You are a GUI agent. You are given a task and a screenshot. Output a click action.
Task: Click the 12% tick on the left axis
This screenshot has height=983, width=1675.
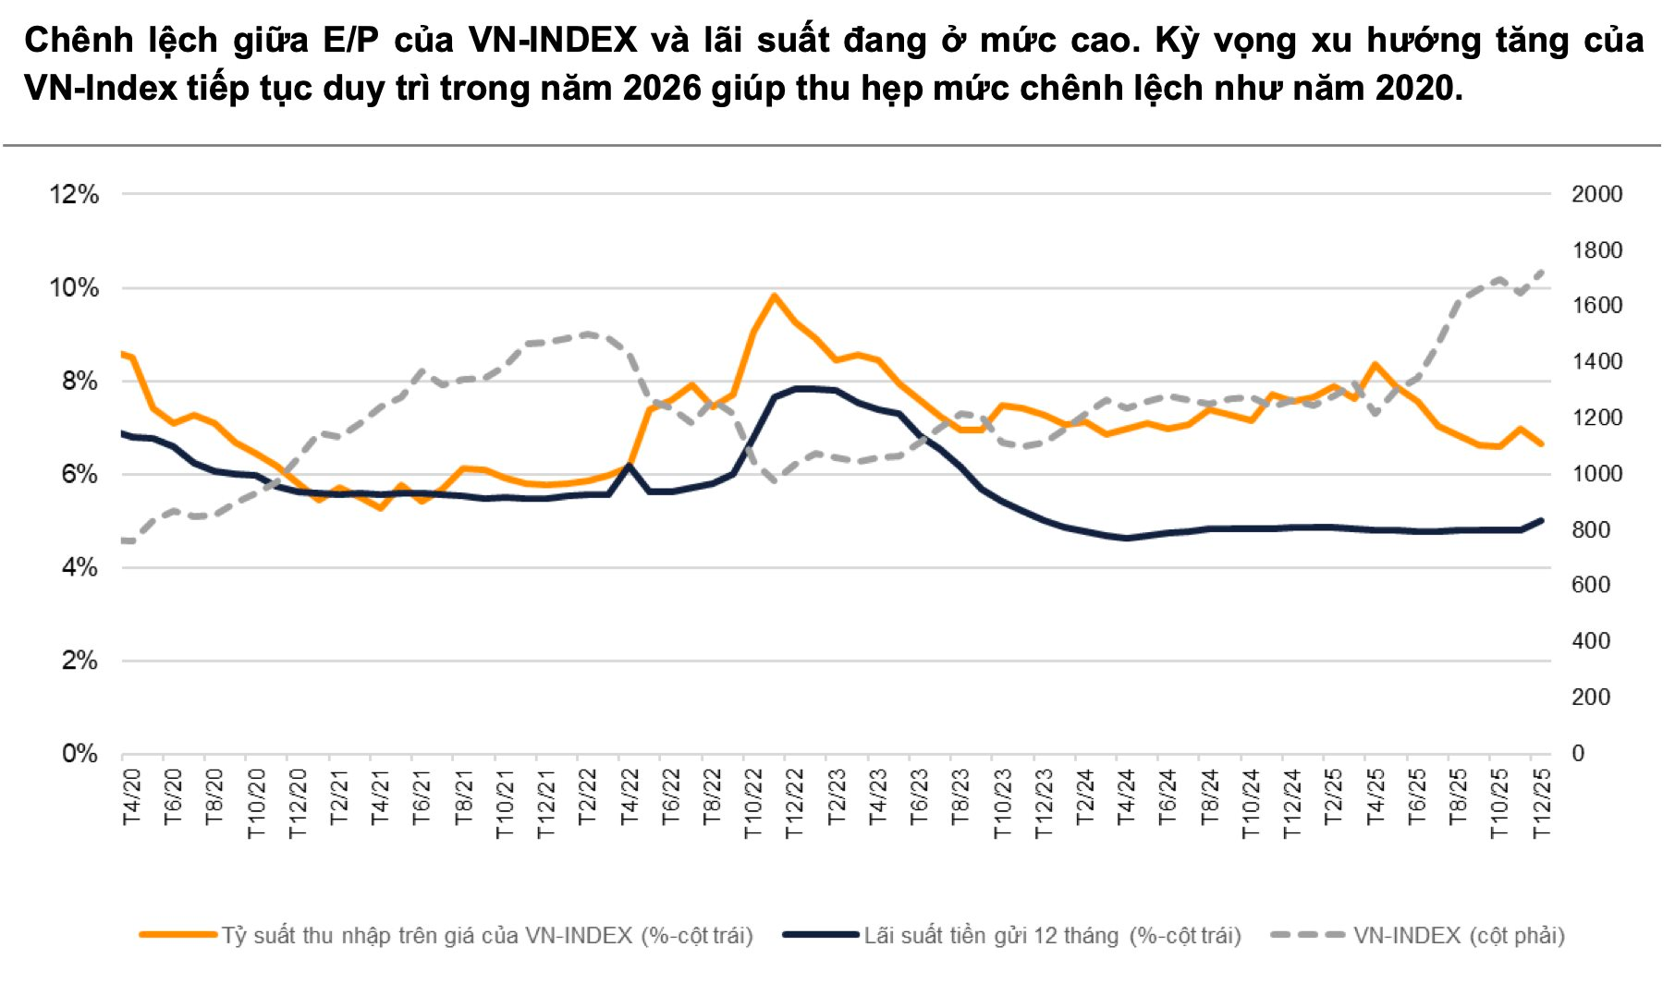tap(73, 194)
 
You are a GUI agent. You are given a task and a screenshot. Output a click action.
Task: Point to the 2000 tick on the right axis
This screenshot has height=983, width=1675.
tap(1596, 194)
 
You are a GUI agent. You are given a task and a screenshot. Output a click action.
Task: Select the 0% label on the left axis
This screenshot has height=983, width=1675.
tap(79, 754)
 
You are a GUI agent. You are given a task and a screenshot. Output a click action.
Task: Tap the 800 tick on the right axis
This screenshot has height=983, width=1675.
tap(1591, 530)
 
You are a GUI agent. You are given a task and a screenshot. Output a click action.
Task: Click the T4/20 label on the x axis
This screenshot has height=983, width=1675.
tap(132, 796)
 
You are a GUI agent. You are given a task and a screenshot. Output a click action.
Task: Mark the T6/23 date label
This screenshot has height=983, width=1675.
tap(919, 796)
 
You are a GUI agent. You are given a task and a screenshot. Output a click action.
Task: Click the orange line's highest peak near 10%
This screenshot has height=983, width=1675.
tap(774, 296)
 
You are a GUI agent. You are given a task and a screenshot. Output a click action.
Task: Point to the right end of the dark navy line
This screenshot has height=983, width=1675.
tap(1541, 520)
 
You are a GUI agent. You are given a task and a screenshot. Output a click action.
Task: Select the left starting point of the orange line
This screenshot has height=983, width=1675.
tap(123, 354)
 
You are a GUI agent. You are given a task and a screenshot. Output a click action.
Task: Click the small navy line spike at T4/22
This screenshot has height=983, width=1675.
tap(630, 466)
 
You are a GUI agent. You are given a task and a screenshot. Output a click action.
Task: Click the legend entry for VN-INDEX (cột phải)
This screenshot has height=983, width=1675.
tap(1458, 936)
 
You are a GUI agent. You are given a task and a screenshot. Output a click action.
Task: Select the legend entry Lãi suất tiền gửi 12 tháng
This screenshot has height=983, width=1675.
tap(1052, 936)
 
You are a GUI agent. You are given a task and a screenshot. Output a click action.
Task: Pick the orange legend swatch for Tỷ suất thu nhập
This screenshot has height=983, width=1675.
tap(177, 935)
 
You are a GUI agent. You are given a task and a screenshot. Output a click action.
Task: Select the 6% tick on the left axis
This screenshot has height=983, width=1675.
tap(79, 474)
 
